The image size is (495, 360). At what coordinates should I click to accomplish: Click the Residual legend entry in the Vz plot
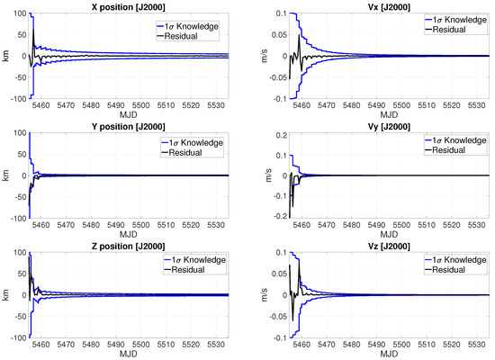(x=445, y=270)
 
